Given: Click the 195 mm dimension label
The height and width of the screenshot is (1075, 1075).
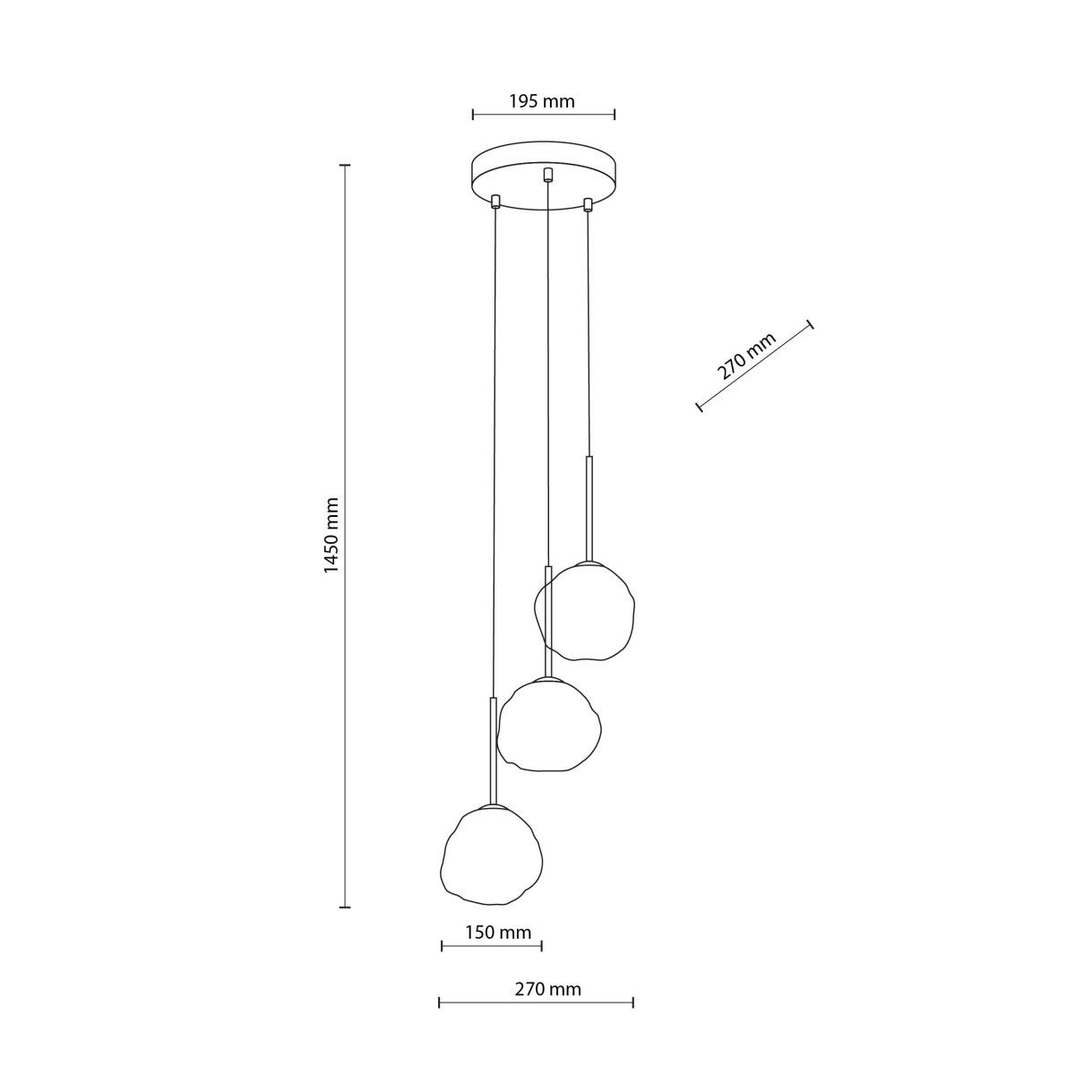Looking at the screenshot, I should (x=542, y=101).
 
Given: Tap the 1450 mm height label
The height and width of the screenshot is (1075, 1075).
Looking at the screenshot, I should (x=332, y=535).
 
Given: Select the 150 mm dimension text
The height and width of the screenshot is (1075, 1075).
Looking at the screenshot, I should (x=498, y=933).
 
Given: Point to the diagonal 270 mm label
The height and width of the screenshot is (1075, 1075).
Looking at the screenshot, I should (x=746, y=357).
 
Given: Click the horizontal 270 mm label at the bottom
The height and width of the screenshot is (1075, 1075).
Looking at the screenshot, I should (x=547, y=989).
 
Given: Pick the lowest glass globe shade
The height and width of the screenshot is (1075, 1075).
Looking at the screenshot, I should (x=492, y=854).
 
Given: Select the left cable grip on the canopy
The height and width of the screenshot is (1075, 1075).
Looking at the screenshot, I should (x=495, y=201).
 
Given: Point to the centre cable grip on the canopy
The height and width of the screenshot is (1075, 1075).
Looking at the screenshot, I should (x=548, y=174).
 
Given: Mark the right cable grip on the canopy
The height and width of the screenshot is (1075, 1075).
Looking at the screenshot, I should (x=588, y=205).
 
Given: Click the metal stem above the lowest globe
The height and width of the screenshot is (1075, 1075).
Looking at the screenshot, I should (x=492, y=750).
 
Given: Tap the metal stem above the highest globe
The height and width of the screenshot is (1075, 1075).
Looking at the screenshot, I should (x=589, y=507).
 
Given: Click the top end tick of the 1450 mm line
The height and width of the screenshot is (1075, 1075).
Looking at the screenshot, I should (x=344, y=166).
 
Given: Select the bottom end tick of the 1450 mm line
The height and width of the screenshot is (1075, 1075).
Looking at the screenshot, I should (x=344, y=907).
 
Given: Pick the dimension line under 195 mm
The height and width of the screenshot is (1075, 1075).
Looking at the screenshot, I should (x=544, y=114).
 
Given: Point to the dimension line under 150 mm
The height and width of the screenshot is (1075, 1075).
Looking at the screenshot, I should (x=492, y=946).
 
